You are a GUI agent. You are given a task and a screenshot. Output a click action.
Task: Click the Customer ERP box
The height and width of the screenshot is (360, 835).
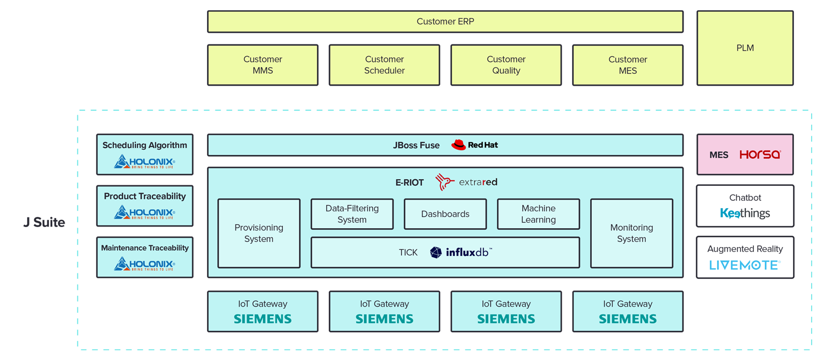point(445,22)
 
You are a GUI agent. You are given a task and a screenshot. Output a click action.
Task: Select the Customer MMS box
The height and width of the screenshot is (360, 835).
point(263,65)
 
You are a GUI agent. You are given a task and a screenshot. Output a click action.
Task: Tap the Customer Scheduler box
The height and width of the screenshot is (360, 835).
point(384,65)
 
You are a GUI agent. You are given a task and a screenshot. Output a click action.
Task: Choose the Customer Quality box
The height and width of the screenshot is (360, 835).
point(506,65)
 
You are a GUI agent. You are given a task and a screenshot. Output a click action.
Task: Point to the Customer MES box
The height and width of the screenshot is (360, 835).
point(627,65)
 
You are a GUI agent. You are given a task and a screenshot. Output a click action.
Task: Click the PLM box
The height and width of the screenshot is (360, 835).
point(745,48)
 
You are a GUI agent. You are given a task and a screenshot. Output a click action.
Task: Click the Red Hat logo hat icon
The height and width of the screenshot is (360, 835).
point(458,145)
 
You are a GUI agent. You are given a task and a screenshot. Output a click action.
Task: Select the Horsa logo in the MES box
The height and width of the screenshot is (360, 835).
point(760,155)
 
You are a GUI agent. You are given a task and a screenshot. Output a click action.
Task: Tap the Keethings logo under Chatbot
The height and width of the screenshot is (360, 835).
point(745,213)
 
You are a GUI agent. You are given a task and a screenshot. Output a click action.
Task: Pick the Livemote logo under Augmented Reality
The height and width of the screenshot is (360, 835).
point(745,265)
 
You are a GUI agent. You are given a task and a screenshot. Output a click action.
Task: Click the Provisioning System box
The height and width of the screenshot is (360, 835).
point(259,234)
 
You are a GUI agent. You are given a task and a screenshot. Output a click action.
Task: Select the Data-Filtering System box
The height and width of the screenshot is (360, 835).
point(352,214)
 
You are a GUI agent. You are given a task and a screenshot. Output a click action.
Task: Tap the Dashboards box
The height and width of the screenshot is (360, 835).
point(445,214)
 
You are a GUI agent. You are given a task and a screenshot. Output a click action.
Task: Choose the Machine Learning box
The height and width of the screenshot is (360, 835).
point(538,214)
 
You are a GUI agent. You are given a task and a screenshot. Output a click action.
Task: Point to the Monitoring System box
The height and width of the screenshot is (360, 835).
point(631,234)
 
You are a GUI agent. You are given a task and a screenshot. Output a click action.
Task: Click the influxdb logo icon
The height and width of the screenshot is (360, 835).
point(436,253)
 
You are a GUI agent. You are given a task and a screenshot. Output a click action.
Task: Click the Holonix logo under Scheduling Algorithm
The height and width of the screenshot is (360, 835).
point(145,162)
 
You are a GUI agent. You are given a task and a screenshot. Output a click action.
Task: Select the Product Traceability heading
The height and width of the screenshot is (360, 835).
point(145,196)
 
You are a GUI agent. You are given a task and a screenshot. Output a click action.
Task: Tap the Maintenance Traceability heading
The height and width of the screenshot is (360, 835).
point(145,248)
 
